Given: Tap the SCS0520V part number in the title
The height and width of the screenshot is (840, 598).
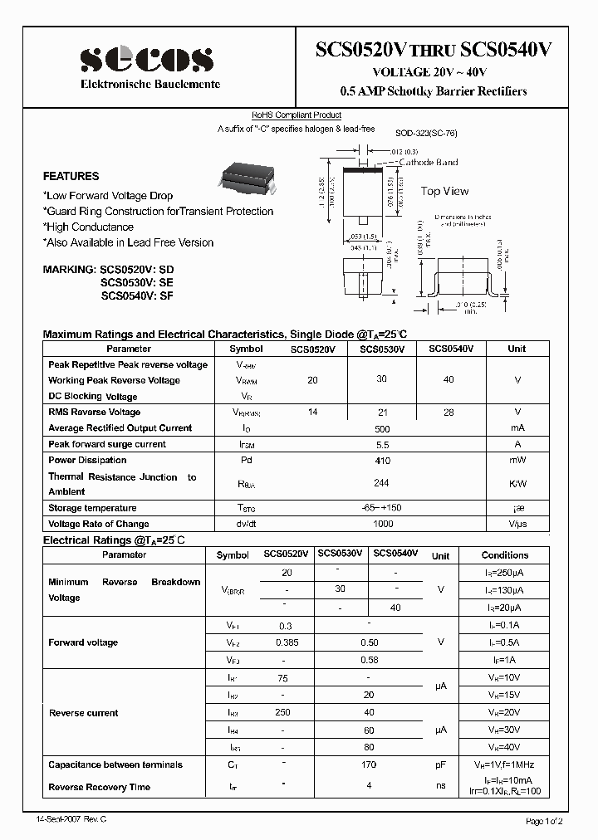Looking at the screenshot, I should [364, 51].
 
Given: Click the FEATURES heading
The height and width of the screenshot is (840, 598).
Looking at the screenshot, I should [71, 176].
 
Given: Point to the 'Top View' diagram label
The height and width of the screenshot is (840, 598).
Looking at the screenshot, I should [444, 191].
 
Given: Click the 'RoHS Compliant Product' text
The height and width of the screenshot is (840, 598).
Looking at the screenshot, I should [297, 115].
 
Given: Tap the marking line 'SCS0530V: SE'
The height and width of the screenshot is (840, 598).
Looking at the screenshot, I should [137, 282].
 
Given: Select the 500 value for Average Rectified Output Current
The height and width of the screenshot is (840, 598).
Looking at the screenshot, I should [382, 427].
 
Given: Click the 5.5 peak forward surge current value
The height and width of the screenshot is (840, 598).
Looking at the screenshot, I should [382, 444].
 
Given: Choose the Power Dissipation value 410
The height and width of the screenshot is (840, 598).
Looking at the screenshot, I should [382, 460].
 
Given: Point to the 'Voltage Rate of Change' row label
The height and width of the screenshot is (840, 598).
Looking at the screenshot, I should [98, 524].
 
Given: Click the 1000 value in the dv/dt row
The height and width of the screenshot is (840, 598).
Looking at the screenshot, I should [382, 524].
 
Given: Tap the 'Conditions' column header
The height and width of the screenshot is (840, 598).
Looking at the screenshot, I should [504, 555].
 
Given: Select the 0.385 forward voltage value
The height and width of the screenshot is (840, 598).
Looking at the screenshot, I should [287, 642].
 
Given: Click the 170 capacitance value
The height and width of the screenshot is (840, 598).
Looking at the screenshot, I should [369, 764].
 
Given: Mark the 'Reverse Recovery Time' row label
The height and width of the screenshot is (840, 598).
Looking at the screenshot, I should [99, 787].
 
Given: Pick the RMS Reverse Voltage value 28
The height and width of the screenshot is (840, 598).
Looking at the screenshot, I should [448, 412].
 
